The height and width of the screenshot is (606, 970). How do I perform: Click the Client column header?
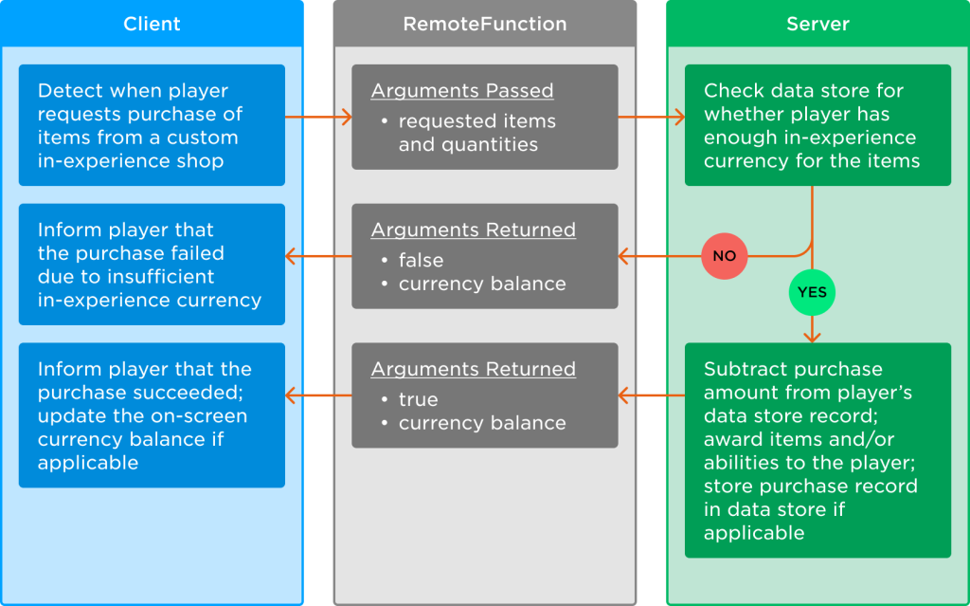[152, 24]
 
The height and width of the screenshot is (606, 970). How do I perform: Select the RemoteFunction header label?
[485, 24]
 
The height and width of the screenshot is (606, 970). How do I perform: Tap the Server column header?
[817, 24]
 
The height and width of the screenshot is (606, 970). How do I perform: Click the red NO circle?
[725, 256]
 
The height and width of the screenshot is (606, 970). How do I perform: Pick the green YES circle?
[812, 292]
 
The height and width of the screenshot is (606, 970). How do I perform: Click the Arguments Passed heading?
[462, 90]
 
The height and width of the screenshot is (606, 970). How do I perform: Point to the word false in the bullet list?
[421, 260]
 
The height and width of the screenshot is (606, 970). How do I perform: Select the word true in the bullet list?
[418, 399]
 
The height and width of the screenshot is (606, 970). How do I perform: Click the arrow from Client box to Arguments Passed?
[318, 117]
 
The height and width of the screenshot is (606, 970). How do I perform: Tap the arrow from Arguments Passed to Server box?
[652, 117]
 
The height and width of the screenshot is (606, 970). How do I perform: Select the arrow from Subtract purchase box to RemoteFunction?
[652, 395]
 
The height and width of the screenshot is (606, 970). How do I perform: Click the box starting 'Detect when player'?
[152, 125]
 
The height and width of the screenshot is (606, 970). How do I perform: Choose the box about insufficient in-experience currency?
[152, 265]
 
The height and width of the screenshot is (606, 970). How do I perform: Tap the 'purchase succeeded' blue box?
[152, 415]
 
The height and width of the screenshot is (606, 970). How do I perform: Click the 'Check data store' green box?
[817, 125]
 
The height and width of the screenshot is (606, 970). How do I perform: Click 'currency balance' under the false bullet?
[482, 284]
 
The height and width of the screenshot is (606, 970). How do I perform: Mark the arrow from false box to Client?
[318, 256]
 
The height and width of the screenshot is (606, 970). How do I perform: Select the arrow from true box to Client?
[318, 395]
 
